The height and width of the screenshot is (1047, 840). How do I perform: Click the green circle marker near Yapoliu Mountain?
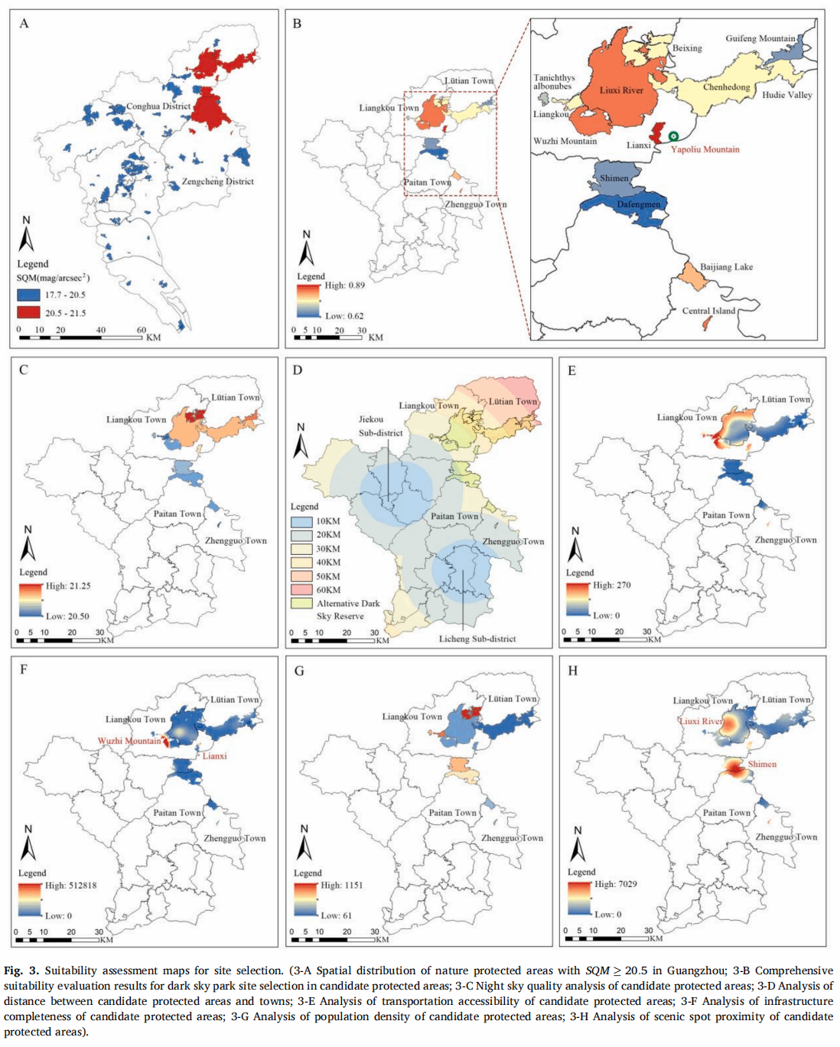point(673,137)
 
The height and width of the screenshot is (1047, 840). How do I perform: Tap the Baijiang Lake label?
point(726,267)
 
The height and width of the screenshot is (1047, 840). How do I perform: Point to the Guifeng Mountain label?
point(760,38)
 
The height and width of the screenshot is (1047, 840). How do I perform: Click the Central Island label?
point(708,311)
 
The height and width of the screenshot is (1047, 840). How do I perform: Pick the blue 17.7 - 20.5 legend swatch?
point(28,295)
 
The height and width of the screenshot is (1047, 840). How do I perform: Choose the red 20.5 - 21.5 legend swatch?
point(28,313)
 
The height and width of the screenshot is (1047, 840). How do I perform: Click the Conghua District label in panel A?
point(158,106)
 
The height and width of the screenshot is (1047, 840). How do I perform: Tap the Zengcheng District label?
point(218,181)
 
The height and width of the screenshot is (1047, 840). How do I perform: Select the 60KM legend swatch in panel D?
point(301,589)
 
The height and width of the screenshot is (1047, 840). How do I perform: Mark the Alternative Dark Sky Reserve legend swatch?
point(301,603)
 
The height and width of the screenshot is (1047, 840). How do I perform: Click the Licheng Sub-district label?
point(477,639)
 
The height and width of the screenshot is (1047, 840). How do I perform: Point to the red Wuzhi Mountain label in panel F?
point(129,741)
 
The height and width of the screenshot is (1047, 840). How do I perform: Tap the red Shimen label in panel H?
point(762,764)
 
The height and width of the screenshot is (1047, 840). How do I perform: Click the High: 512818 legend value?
point(71,886)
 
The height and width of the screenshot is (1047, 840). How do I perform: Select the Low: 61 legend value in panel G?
point(336,915)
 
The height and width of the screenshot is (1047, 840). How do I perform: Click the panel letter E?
point(571,370)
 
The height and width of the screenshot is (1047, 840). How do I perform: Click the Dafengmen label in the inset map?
point(639,204)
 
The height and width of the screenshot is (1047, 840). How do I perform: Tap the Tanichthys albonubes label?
point(554,82)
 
